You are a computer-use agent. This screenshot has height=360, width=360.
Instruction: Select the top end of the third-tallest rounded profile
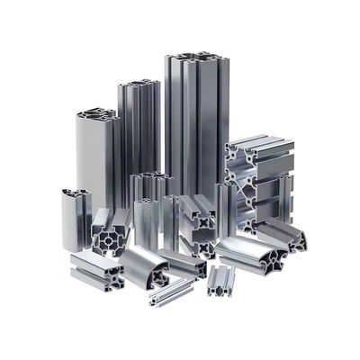click(96, 115)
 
